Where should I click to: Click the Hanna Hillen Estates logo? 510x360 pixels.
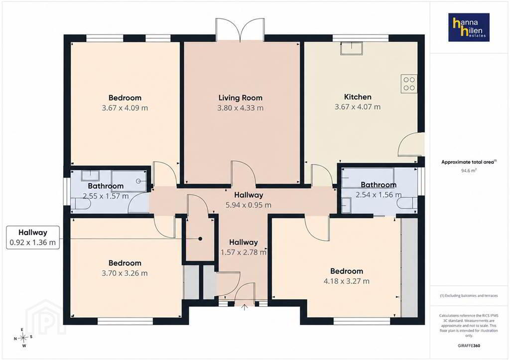(469, 27)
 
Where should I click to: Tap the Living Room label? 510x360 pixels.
(241, 98)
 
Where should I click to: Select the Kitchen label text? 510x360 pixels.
(358, 97)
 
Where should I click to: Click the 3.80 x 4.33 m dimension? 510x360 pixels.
(241, 108)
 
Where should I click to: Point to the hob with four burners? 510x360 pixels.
(409, 84)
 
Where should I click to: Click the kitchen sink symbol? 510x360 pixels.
(351, 48)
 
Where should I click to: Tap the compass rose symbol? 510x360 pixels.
(23, 338)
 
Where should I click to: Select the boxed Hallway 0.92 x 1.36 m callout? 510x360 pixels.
(33, 238)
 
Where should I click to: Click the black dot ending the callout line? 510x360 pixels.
(200, 239)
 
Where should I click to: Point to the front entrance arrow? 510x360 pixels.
(245, 307)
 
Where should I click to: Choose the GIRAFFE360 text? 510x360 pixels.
(469, 346)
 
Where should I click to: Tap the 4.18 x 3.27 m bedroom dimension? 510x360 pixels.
(347, 281)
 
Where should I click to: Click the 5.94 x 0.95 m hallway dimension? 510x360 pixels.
(248, 205)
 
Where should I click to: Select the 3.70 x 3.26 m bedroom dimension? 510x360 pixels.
(125, 273)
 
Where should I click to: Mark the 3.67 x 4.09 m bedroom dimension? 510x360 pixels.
(125, 108)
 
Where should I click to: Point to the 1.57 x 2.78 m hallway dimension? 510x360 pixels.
(244, 252)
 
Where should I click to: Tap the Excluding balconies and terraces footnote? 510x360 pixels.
(469, 296)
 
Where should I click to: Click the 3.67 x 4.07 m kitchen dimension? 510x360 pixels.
(358, 107)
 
